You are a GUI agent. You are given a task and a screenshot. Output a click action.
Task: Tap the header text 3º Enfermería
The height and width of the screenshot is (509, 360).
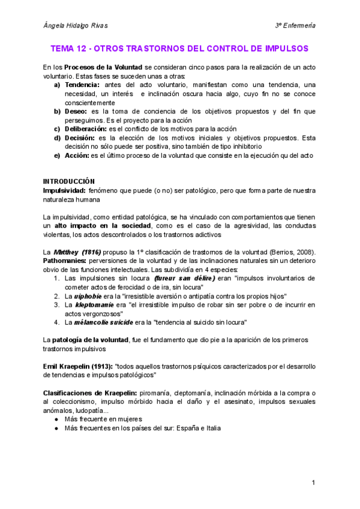pos(295,26)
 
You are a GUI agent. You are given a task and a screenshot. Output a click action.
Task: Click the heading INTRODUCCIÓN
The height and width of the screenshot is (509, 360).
pos(70,181)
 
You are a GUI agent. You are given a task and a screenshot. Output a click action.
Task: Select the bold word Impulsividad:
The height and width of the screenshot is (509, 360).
pos(64,190)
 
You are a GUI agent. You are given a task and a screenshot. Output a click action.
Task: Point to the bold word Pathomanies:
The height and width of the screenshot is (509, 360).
pos(65,261)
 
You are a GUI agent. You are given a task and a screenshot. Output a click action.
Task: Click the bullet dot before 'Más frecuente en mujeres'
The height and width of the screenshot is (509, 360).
pos(56,419)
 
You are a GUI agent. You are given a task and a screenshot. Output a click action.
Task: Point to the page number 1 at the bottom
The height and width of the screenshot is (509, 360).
pos(313,483)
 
